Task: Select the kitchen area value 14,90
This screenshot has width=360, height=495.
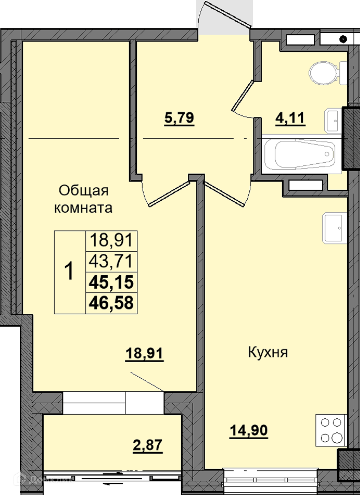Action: pos(249,430)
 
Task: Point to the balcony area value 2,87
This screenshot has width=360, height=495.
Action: pos(148,445)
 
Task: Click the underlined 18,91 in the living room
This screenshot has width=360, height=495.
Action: pos(144,353)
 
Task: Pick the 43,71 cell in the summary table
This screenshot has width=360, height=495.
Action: pos(111,261)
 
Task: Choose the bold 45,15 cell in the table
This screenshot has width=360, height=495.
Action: pos(111,282)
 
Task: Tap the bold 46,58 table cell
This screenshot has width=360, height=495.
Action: pos(111,302)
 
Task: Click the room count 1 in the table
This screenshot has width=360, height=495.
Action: pos(69,271)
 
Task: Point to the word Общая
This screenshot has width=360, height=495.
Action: pos(84,191)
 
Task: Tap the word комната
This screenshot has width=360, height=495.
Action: pos(83,208)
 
